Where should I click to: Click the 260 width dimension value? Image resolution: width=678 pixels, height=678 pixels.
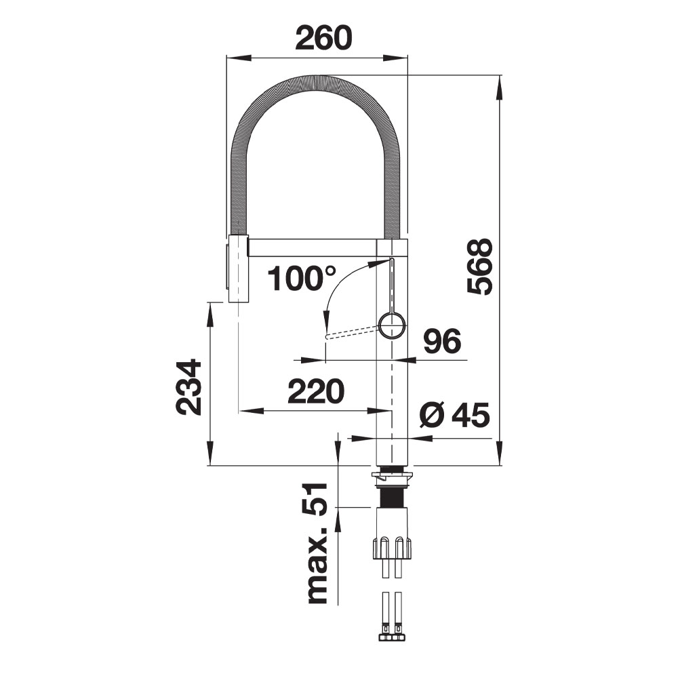tap(323, 37)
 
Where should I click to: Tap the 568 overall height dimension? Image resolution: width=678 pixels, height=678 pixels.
tap(480, 266)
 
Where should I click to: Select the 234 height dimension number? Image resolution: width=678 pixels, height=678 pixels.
tap(189, 387)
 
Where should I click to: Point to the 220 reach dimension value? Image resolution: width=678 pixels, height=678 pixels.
tap(316, 391)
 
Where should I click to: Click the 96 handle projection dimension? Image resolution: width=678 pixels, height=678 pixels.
tap(442, 341)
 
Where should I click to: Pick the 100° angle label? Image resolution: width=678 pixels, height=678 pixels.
tap(302, 277)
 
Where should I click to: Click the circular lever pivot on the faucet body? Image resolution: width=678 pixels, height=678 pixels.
tap(393, 326)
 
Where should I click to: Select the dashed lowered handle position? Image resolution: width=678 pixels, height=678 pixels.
tap(353, 332)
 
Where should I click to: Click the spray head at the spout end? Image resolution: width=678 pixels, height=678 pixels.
tap(237, 268)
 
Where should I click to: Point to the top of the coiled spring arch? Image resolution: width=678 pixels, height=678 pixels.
tap(316, 82)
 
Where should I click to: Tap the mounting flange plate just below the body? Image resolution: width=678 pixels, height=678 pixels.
tap(392, 477)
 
